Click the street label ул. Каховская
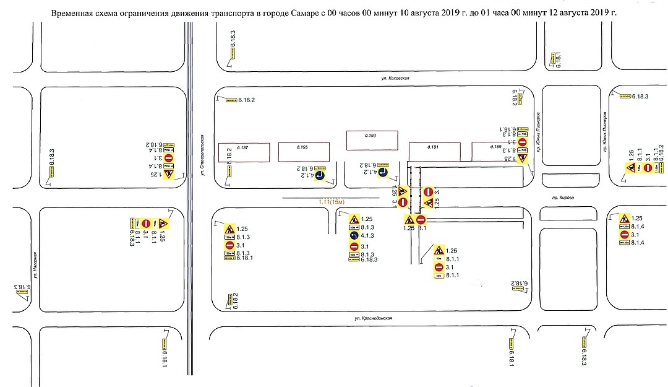point(396,79)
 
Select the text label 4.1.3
point(367,236)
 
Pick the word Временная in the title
point(72,12)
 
